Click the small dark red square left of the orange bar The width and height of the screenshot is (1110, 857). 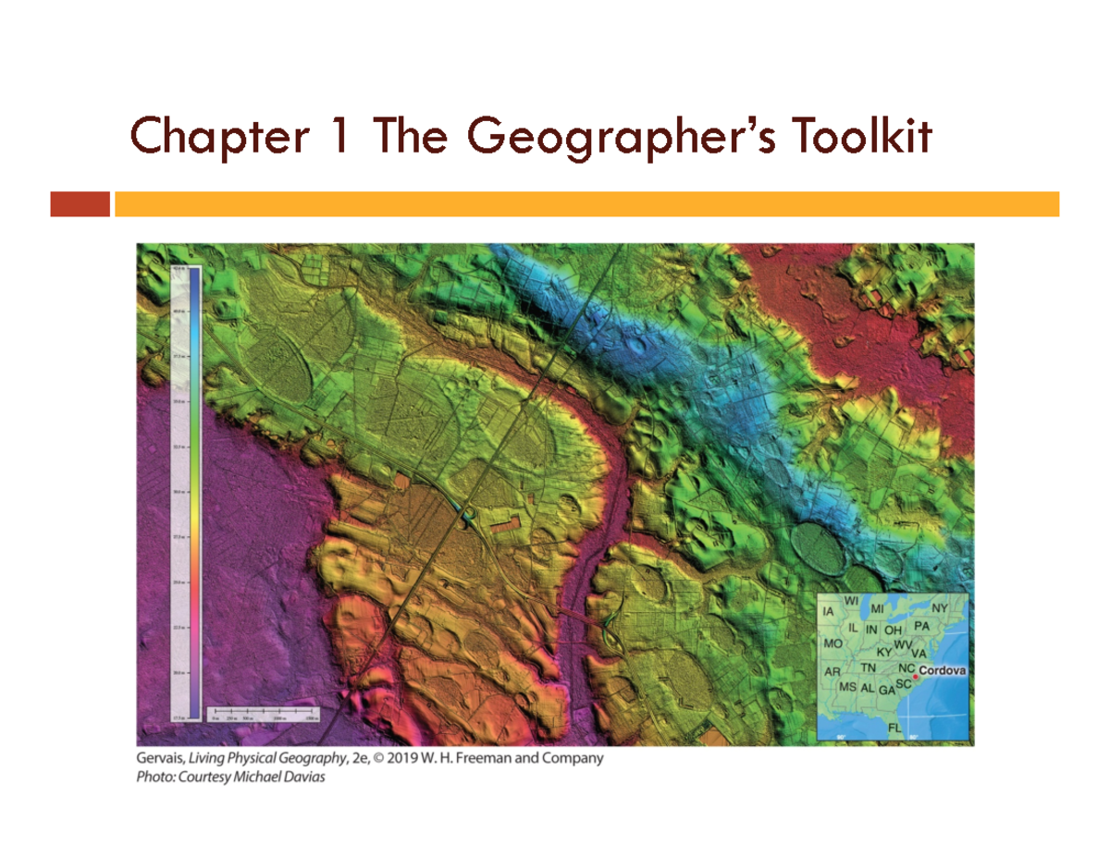[80, 203]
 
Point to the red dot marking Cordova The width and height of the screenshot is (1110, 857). [915, 678]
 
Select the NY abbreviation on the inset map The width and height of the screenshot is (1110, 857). [939, 607]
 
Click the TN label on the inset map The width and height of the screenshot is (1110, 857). [869, 667]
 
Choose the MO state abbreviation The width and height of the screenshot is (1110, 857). [832, 643]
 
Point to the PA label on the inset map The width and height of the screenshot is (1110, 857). [921, 626]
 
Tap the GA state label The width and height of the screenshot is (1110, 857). [886, 690]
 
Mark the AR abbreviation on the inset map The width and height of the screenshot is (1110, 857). [832, 670]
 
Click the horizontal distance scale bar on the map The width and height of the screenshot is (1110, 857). [263, 709]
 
